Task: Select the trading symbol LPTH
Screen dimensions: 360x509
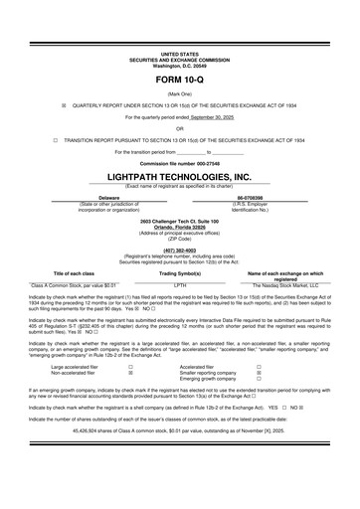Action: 180,283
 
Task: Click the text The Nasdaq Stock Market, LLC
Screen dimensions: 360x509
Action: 278,283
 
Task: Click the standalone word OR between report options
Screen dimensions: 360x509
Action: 179,127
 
